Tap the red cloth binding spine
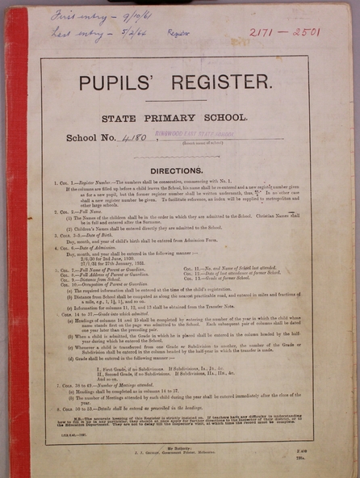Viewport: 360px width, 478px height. (14, 242)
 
